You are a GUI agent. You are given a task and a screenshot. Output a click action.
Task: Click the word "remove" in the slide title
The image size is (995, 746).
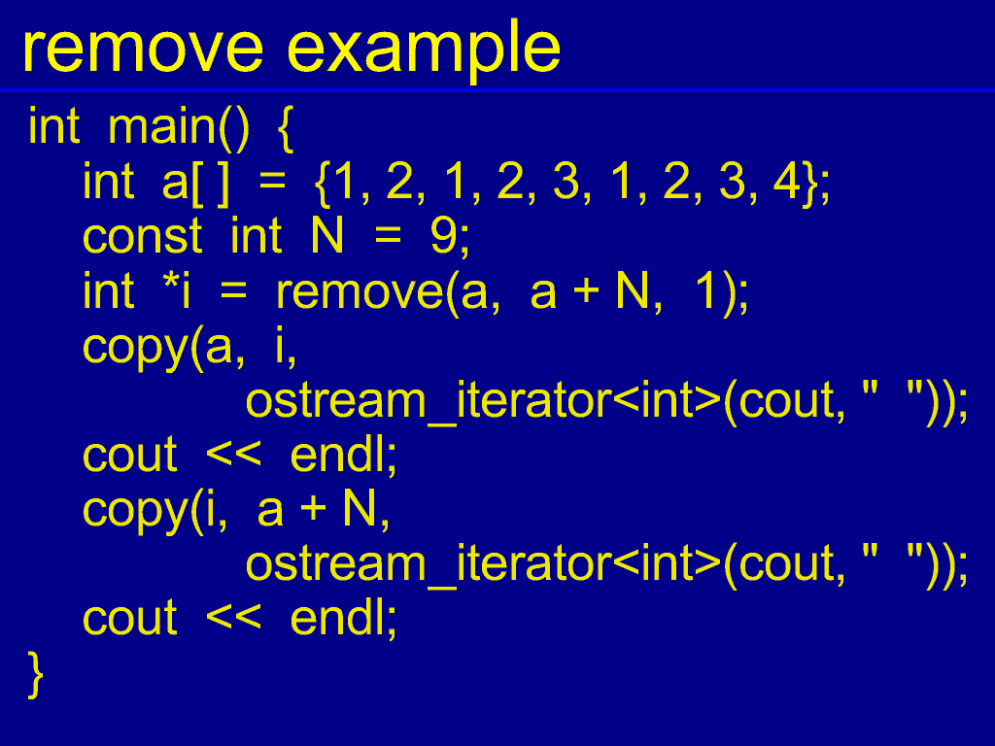coord(142,49)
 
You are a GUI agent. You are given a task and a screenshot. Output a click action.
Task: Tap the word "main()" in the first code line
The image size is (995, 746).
coord(179,128)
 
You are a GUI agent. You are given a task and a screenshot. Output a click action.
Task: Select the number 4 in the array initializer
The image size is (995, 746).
coord(787,182)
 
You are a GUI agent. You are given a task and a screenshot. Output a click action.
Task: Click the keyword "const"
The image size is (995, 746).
coord(142,237)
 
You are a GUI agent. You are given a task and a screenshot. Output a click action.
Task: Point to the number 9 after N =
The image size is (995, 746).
coord(443,236)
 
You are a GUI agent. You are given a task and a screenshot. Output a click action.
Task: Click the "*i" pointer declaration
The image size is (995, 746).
coord(177,290)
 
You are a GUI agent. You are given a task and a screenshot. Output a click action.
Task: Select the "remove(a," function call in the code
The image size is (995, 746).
coord(388,293)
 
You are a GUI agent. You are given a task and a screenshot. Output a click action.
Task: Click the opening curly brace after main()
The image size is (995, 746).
coord(286,129)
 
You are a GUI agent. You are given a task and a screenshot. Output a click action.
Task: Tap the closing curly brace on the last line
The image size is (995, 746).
coord(36,675)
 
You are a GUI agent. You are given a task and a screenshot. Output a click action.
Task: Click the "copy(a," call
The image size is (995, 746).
coord(163,349)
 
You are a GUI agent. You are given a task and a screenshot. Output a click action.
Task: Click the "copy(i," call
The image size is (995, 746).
coord(154,511)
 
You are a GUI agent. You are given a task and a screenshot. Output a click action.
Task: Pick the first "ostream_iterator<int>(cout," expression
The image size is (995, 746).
coord(545,402)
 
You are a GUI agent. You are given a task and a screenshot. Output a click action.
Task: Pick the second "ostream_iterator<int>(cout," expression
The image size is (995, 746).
coord(545,564)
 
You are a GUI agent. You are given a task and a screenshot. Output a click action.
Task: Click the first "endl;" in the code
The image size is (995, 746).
coord(343,455)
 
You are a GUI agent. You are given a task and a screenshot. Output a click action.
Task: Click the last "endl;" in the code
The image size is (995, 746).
coord(343,617)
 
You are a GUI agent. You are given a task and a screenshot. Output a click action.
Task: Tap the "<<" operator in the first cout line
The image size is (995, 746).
coord(233,455)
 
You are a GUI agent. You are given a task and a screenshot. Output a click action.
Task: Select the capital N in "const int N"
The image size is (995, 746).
coord(326,236)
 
